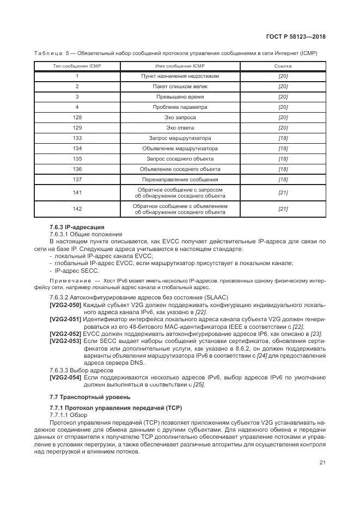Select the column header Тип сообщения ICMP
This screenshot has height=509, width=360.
[77, 66]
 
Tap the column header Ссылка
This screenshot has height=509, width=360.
[283, 66]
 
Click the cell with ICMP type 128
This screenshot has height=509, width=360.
[77, 117]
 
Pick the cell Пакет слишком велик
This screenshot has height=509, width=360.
[180, 87]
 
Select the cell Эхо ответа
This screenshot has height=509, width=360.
[180, 127]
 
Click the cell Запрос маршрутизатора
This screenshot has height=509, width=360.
[180, 138]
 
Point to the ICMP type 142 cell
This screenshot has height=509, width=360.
[77, 209]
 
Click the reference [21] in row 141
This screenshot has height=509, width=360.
[283, 193]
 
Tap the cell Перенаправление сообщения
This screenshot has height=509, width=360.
[180, 179]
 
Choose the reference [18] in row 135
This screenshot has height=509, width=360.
[283, 158]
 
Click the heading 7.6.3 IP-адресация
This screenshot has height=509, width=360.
[77, 226]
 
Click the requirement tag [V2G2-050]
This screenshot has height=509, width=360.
[65, 305]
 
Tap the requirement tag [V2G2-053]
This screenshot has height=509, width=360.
[65, 340]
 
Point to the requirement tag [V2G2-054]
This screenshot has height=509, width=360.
[65, 377]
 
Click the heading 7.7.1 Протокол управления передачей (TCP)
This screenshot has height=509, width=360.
[115, 407]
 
